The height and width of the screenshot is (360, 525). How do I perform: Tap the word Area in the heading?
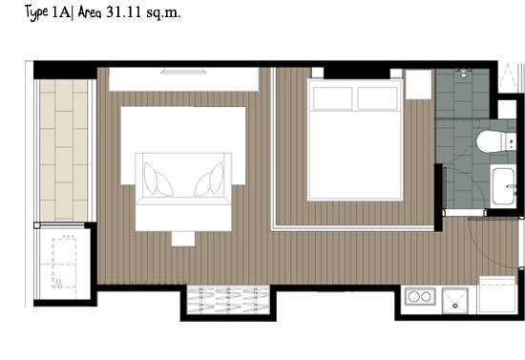point(90,12)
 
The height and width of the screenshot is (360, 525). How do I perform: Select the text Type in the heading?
point(36,13)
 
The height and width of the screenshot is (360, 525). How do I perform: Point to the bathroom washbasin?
point(504,186)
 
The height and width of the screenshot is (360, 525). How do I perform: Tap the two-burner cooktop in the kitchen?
point(420,296)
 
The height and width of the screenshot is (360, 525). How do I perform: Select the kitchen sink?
point(454,301)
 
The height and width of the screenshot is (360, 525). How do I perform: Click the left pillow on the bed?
point(333,98)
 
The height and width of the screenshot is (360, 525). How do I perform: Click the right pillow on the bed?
point(378,98)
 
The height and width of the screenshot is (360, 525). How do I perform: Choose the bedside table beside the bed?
point(418,84)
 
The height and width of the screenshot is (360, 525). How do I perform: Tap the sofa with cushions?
point(183,179)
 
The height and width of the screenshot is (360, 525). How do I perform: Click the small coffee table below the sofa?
point(183,239)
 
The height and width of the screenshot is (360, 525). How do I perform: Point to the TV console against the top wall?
point(183,79)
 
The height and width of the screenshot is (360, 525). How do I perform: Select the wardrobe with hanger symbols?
point(228,300)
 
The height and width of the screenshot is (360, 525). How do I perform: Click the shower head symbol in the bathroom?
point(463,73)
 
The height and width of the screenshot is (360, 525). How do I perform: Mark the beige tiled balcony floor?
point(64,150)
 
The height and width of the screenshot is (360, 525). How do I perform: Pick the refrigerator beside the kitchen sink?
point(497,295)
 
